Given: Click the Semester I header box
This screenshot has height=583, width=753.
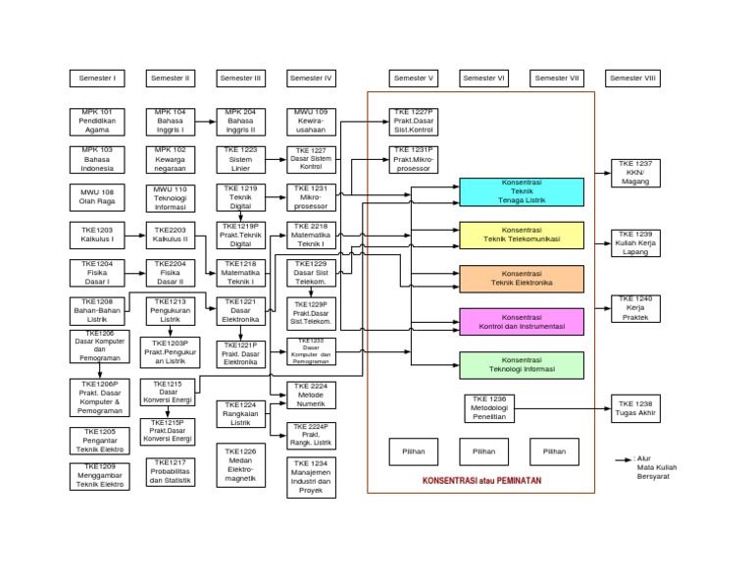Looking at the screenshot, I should coord(97,79).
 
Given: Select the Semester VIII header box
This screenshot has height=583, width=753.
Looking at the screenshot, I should coord(633,79).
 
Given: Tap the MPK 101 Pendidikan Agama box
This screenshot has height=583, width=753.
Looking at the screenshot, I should coord(97,121).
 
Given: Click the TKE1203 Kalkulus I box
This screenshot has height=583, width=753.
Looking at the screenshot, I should coord(97,234).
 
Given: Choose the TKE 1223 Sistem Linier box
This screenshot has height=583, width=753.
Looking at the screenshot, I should coord(240,158).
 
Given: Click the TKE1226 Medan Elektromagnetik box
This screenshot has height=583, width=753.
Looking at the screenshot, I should coord(240,462).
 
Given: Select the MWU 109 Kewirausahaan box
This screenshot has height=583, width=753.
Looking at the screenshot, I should coord(312,121).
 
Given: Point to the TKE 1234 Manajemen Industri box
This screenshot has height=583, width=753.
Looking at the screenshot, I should coord(312,477).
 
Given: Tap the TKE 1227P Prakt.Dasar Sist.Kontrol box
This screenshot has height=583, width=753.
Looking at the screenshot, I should coord(414,121).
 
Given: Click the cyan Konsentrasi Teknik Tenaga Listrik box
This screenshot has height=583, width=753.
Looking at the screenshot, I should coord(522,193).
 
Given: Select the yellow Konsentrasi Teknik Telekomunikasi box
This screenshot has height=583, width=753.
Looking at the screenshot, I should coord(522,235).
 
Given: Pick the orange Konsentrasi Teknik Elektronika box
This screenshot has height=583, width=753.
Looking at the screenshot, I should coord(522,279).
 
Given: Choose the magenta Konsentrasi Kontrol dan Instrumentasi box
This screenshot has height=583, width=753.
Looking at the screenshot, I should coord(522,322).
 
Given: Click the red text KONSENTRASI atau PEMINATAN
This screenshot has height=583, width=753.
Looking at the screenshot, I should coord(481,481).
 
